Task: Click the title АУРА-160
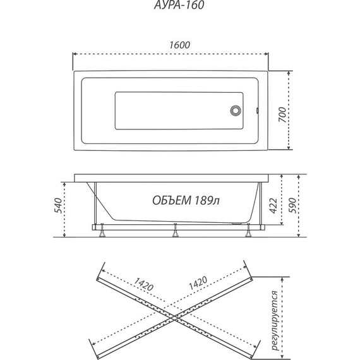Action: pyautogui.click(x=179, y=5)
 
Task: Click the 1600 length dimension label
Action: pyautogui.click(x=180, y=45)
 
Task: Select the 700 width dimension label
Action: pyautogui.click(x=282, y=114)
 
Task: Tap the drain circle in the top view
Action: pyautogui.click(x=236, y=111)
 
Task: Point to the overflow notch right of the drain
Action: pyautogui.click(x=258, y=111)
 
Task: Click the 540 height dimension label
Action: pyautogui.click(x=58, y=205)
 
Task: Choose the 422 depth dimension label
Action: pyautogui.click(x=273, y=206)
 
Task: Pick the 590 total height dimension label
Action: pyautogui.click(x=292, y=205)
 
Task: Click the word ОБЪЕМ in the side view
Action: pyautogui.click(x=172, y=200)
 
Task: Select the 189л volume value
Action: pyautogui.click(x=207, y=200)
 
